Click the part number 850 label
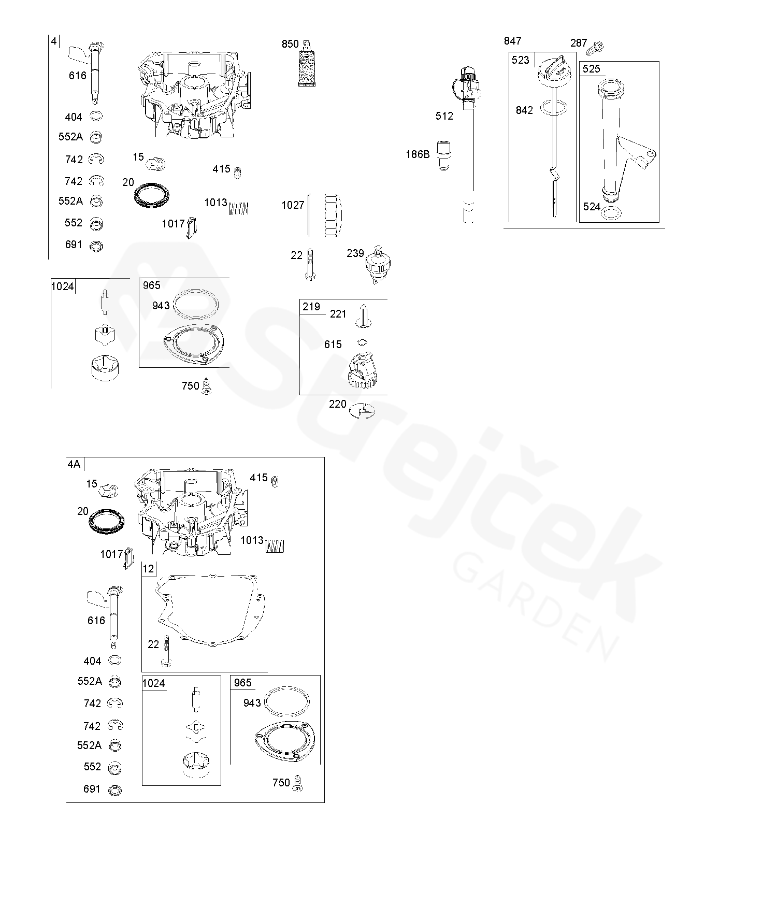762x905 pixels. [290, 44]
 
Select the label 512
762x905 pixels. [444, 116]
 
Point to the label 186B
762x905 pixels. [418, 154]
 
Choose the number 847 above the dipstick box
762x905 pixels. [512, 41]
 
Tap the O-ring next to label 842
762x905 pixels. [554, 108]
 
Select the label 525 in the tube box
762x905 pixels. [591, 69]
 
